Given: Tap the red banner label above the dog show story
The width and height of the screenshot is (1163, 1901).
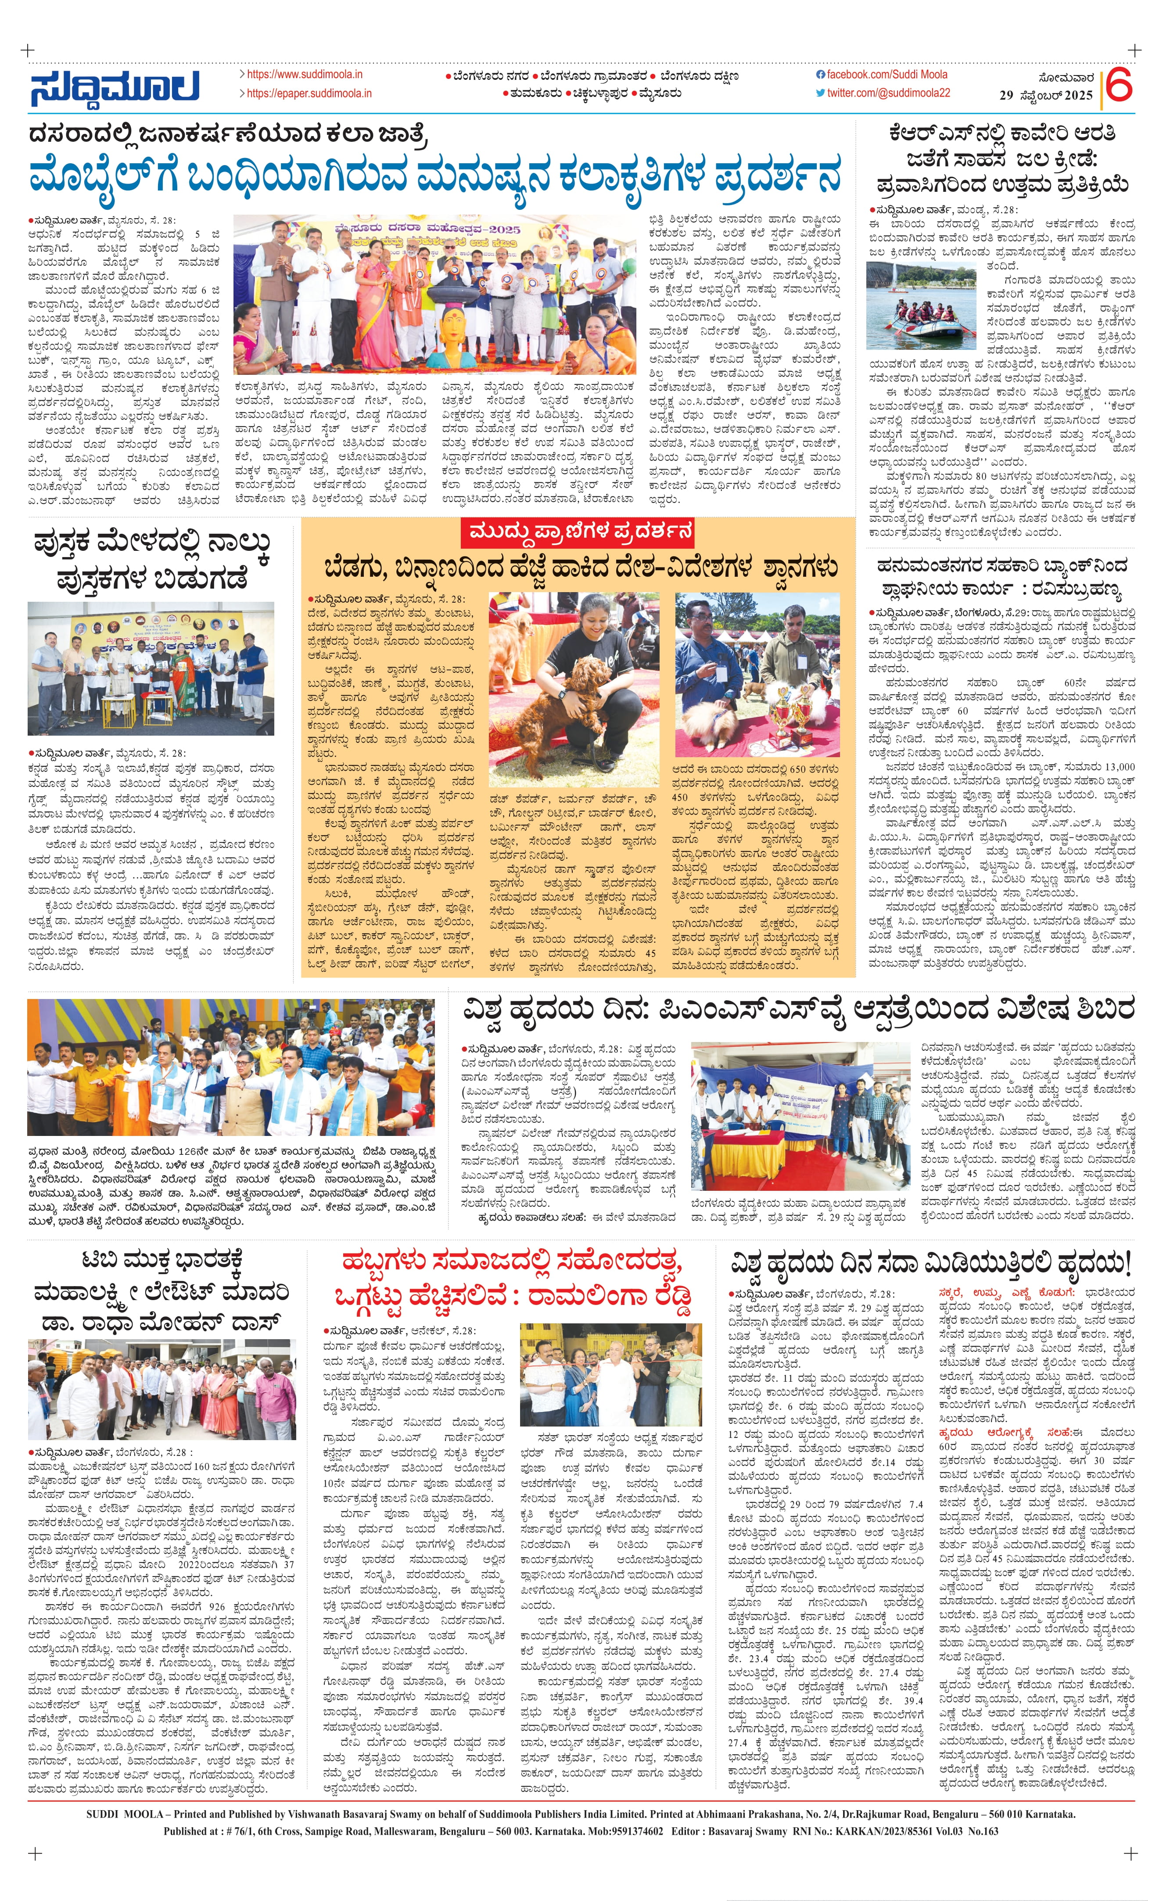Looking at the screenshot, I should (578, 532).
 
